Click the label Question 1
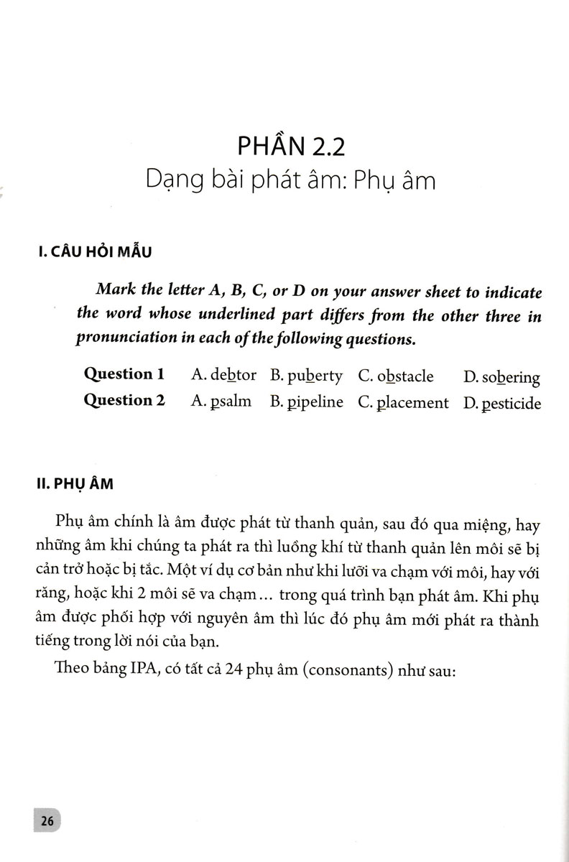coord(124,374)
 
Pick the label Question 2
coord(124,401)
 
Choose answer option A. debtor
coord(223,376)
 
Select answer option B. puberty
coord(306,376)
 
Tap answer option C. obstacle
coord(395,376)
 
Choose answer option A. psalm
coord(221,402)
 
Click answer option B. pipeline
coord(306,402)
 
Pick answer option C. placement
coord(402,403)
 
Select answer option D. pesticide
coord(501,404)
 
